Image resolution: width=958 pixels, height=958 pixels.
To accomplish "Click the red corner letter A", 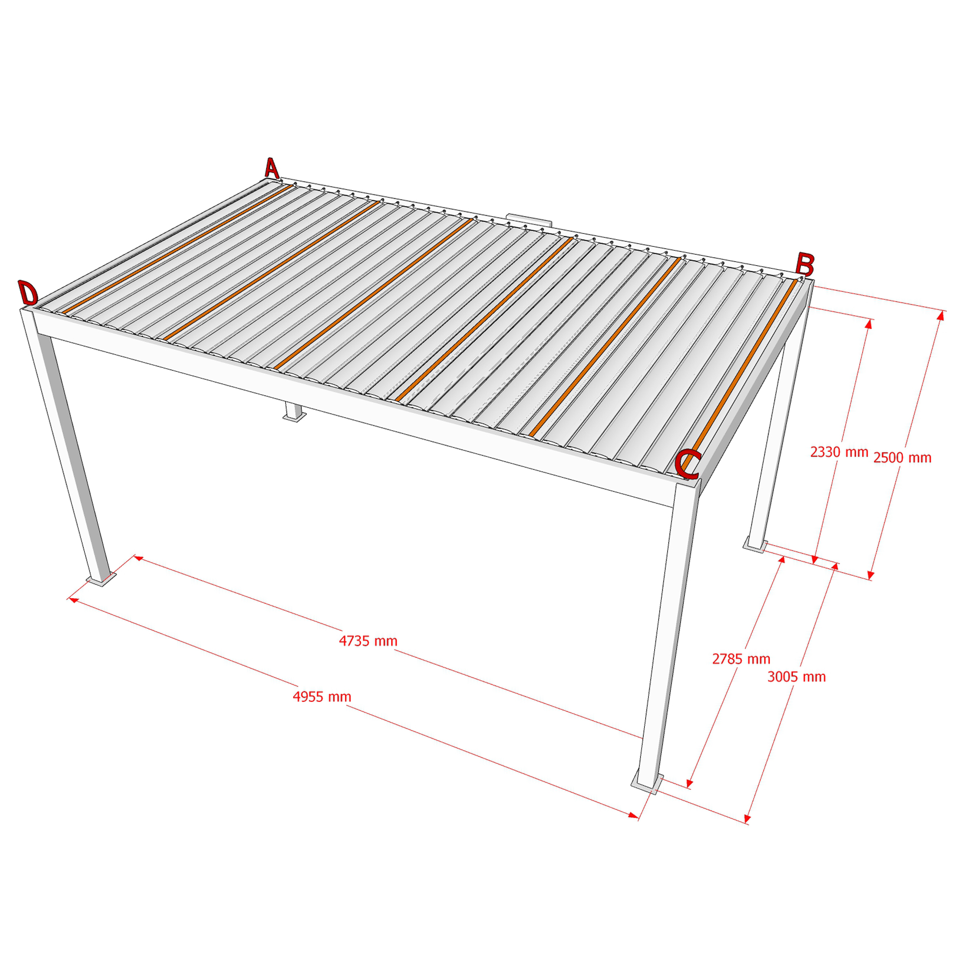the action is click(x=271, y=168).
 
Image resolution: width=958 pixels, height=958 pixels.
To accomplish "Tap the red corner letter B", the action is click(x=804, y=264).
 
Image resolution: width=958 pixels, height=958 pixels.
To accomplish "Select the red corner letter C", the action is click(x=687, y=464).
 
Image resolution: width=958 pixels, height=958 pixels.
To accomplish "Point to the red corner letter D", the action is click(x=28, y=293).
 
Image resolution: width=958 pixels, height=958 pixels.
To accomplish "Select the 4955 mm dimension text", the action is click(x=322, y=696).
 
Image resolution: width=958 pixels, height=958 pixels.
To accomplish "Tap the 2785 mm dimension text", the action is click(x=741, y=659).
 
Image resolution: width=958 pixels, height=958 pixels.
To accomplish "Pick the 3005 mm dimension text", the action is click(x=797, y=677).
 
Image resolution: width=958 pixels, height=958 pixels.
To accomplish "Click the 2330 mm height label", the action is click(x=839, y=452).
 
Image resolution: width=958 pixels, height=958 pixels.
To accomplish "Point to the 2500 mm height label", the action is click(x=902, y=457).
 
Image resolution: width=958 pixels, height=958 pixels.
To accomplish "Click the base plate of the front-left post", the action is click(x=102, y=579).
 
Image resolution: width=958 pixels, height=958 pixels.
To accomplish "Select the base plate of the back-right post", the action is click(x=754, y=545).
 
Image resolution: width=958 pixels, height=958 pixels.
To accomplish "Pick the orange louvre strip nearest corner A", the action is click(x=176, y=250).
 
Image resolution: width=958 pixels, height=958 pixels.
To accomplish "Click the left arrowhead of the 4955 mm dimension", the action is click(x=73, y=600).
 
